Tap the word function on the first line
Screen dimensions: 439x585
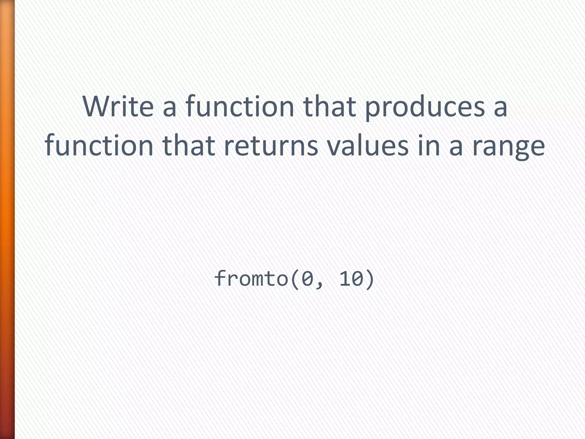240,106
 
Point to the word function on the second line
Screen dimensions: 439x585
99,146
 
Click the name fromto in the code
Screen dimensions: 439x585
251,278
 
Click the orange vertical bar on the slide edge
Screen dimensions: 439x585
7,219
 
